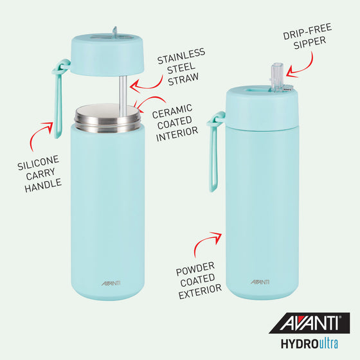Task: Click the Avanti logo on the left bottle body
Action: (111, 281)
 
